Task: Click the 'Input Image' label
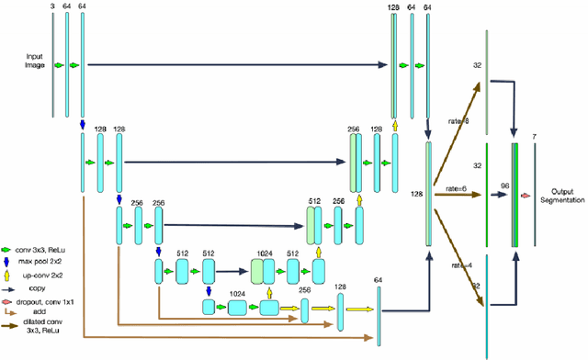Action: click(x=34, y=61)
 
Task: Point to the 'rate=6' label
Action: click(x=458, y=187)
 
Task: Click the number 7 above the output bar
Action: click(x=535, y=136)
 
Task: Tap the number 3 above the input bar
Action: click(x=52, y=6)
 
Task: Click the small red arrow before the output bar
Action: click(x=525, y=196)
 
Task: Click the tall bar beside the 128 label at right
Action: click(x=428, y=194)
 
